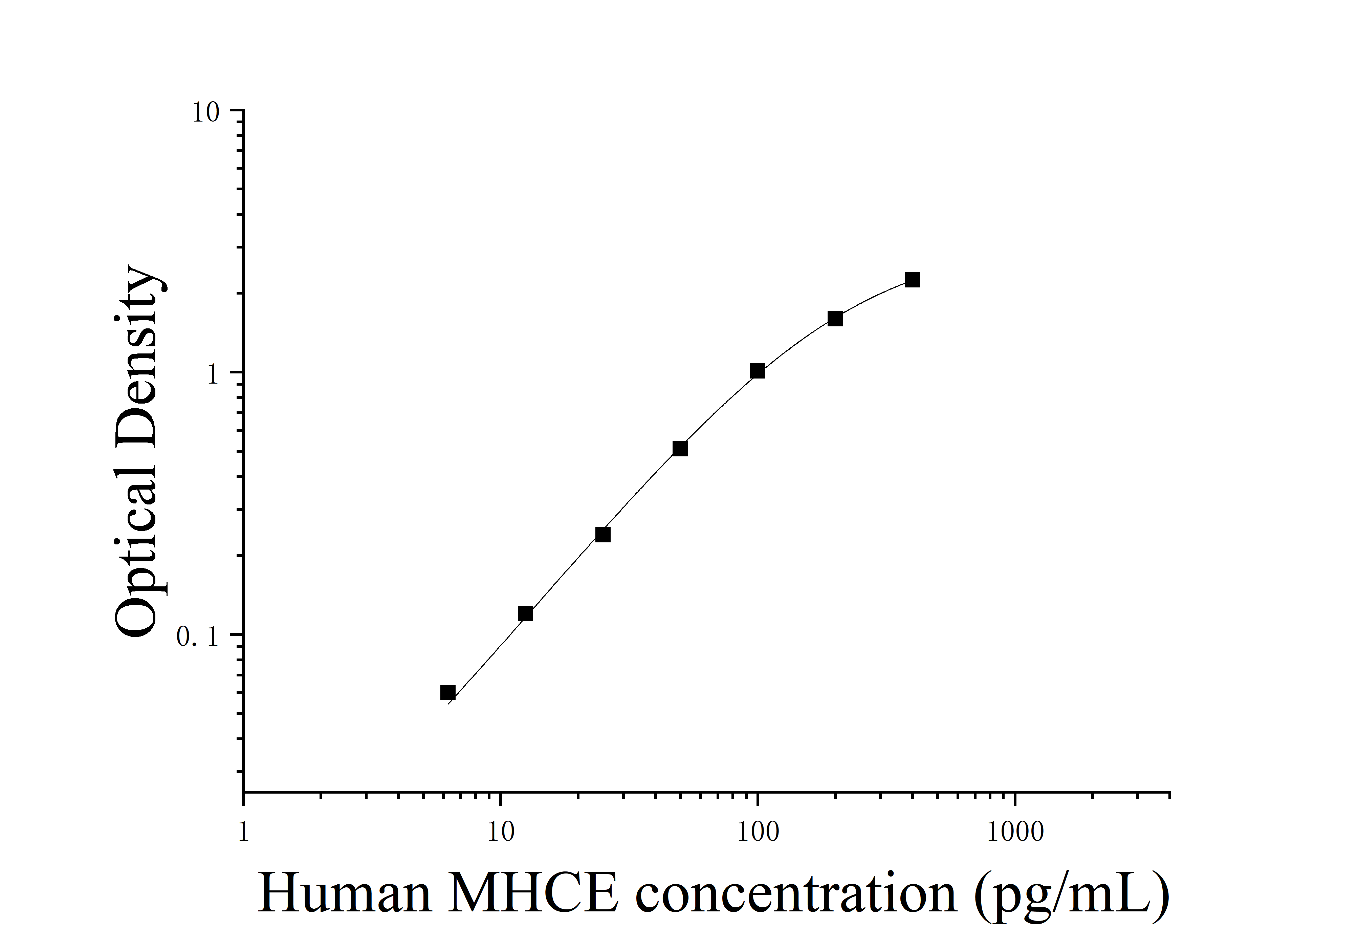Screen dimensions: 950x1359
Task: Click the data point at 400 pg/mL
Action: pos(912,280)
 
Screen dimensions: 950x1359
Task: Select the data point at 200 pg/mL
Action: pos(835,319)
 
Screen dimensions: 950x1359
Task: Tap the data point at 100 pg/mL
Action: pos(758,371)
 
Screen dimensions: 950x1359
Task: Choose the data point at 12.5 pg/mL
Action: pos(525,614)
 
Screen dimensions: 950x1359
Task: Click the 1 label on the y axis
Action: pos(213,375)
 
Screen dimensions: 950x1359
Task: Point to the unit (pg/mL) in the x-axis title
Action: pos(1071,895)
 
